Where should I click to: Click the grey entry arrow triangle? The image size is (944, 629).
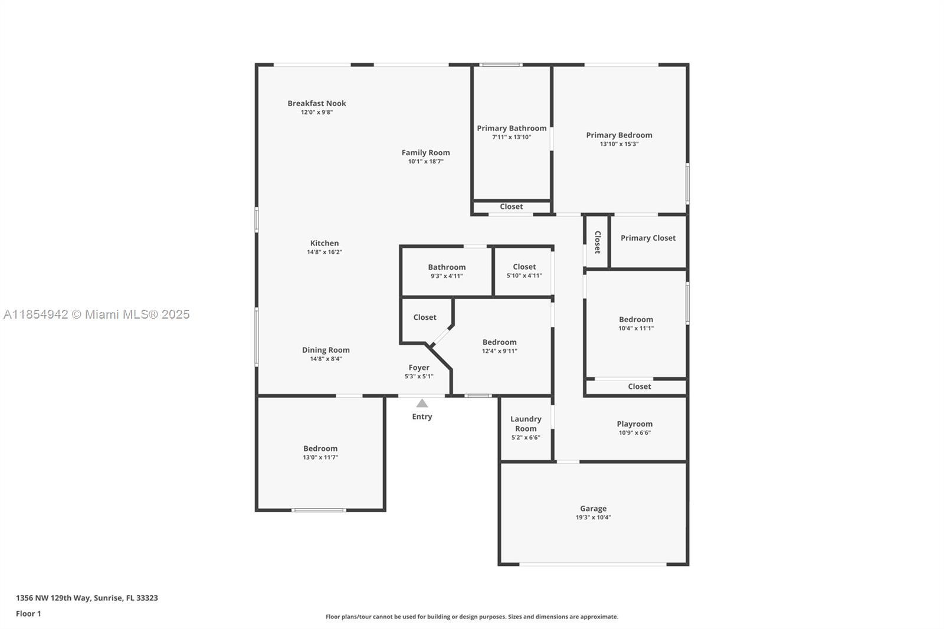(422, 404)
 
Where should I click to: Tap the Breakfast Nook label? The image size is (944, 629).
(316, 103)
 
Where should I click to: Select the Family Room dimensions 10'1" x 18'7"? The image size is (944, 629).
(425, 162)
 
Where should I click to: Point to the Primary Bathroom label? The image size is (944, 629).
(512, 128)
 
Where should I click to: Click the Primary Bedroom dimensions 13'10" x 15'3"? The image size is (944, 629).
(619, 144)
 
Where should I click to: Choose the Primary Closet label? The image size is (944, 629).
(648, 238)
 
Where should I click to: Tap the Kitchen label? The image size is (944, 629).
(324, 243)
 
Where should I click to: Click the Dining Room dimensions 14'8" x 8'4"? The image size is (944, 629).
(326, 359)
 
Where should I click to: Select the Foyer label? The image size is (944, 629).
(419, 368)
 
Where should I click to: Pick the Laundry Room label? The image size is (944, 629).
(526, 424)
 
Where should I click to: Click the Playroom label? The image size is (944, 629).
(635, 424)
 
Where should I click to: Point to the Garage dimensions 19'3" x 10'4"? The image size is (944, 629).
(594, 517)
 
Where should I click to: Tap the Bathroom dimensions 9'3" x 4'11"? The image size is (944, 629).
(447, 276)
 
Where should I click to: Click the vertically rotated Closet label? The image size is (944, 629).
(597, 242)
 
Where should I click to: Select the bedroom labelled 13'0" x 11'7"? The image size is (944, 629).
(320, 448)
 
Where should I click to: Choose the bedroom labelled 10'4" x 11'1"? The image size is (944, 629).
(636, 320)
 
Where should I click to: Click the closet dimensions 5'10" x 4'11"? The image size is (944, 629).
(525, 276)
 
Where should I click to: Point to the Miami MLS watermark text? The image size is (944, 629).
(97, 314)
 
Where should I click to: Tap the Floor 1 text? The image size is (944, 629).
(28, 614)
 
